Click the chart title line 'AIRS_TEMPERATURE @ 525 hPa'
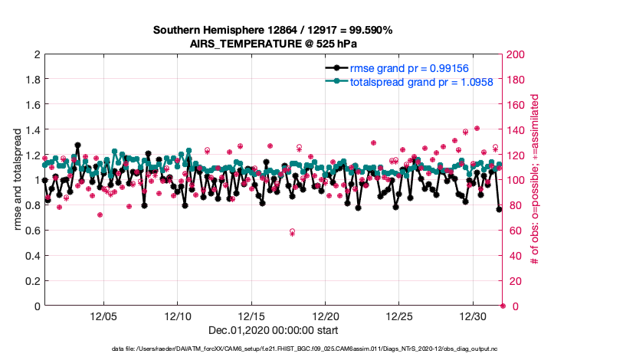273,44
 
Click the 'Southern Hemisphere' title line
273,31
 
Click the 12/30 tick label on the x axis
473,316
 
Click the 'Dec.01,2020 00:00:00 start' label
273,330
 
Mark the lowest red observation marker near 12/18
292,231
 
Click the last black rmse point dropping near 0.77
500,209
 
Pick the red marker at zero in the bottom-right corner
503,306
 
